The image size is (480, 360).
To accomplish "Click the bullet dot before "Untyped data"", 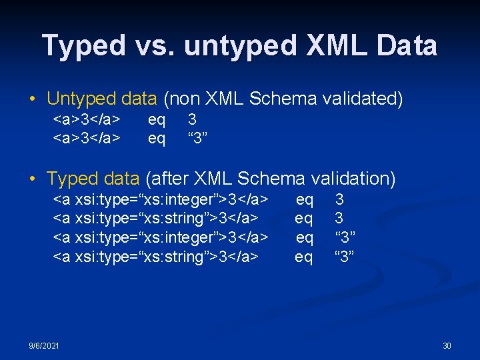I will [x=33, y=100].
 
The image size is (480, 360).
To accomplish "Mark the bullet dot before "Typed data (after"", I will [x=33, y=179].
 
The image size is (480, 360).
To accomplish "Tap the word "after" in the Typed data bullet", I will [x=171, y=179].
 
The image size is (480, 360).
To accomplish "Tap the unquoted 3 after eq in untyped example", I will [x=192, y=119].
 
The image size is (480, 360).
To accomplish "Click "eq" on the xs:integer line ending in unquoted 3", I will [x=304, y=199].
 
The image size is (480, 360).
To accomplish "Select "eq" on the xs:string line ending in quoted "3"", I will [x=304, y=257].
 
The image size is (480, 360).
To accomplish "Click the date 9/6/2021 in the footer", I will [x=43, y=346].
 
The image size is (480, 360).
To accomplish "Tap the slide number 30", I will [x=447, y=346].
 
